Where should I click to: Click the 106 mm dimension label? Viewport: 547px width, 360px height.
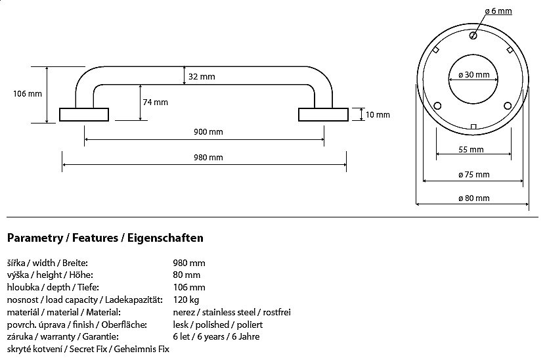point(28,94)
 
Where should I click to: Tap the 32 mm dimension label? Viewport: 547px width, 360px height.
point(202,77)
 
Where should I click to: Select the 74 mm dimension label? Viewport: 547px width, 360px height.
point(155,102)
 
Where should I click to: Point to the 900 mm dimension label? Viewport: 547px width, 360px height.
point(208,132)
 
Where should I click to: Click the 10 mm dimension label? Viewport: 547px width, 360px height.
point(378,115)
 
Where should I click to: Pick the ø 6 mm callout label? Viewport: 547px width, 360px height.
point(498,11)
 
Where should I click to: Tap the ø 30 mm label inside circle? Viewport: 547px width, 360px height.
point(473,75)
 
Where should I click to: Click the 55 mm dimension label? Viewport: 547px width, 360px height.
point(471,150)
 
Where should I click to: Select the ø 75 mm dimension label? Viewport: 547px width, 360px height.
point(473,175)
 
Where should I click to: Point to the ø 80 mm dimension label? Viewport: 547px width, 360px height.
point(473,198)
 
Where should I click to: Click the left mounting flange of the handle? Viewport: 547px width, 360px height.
point(84,115)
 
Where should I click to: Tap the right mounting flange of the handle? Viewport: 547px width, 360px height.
point(322,115)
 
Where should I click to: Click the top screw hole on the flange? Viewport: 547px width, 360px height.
point(473,37)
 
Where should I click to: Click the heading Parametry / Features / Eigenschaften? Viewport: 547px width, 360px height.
point(105,237)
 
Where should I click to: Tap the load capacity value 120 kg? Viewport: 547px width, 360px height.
point(186,300)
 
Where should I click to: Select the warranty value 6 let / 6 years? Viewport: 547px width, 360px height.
point(216,337)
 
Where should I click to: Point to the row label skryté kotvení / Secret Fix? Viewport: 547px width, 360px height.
point(88,349)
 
